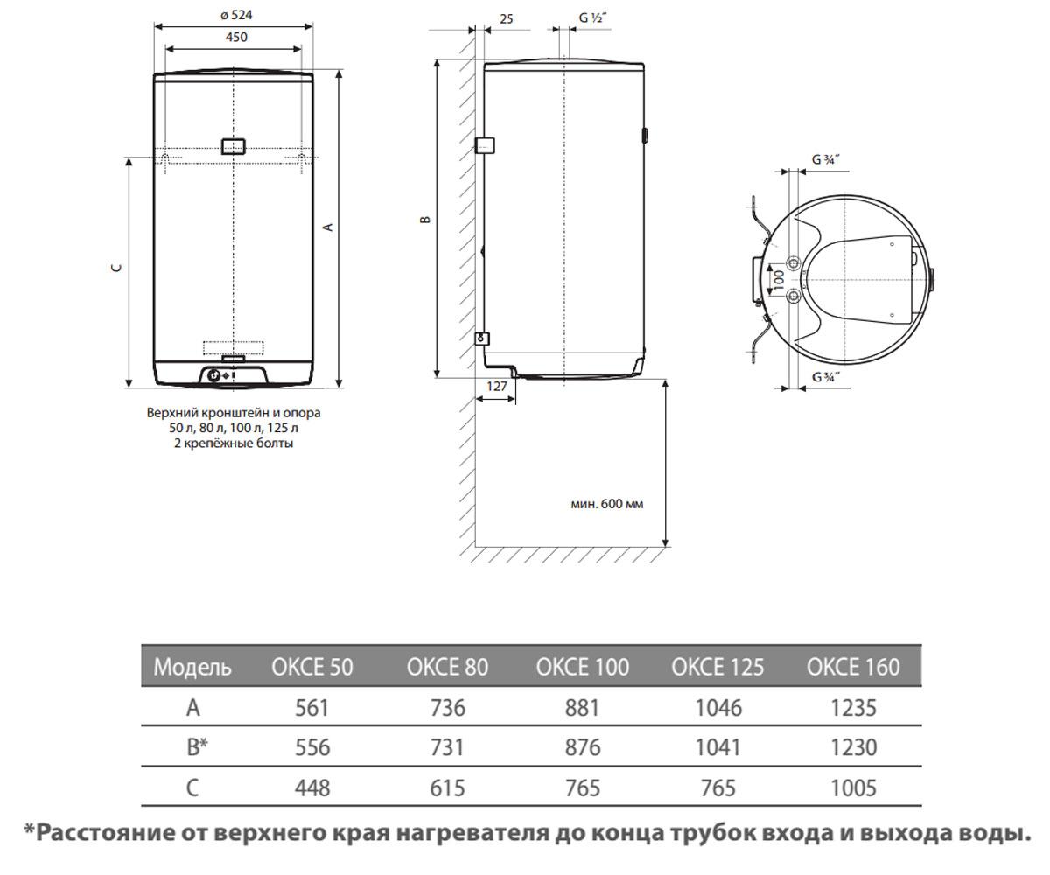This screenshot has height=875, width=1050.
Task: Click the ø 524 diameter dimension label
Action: coord(236,15)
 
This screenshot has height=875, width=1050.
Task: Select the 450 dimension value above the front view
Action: coord(236,38)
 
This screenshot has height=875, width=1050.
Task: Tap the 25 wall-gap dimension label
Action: coord(507,19)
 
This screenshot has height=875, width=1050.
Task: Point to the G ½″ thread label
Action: coord(593,17)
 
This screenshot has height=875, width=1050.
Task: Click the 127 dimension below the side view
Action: coord(497,386)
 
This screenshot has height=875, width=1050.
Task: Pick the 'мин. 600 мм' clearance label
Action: coord(607,504)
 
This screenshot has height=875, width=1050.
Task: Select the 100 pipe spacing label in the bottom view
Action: coord(779,280)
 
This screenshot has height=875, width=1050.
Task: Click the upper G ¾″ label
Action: coord(826,159)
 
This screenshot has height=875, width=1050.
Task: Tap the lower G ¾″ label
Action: coord(826,376)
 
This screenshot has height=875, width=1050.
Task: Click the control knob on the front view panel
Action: coord(213,375)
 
